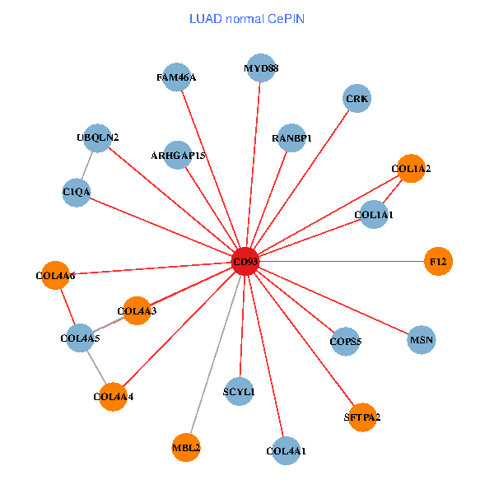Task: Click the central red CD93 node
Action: [x=245, y=262]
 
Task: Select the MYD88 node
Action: [x=261, y=68]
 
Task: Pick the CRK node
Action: [x=357, y=99]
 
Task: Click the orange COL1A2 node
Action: [x=411, y=169]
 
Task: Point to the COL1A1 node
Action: [x=374, y=215]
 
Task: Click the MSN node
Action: [x=421, y=339]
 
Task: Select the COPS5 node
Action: [x=346, y=341]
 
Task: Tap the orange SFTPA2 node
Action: [x=362, y=417]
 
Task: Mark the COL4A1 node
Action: [x=286, y=450]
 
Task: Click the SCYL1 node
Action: [x=239, y=392]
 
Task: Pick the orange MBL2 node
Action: [x=186, y=447]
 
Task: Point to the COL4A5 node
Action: [x=80, y=338]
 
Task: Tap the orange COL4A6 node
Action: [x=55, y=275]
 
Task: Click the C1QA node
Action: [x=76, y=192]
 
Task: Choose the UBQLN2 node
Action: [x=98, y=137]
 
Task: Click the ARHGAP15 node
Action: [x=178, y=155]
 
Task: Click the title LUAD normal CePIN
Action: [x=247, y=18]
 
